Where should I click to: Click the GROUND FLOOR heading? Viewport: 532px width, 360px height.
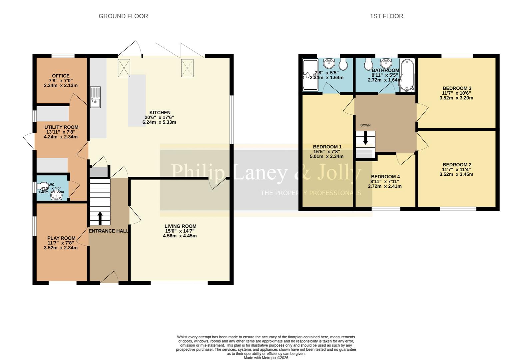(123, 16)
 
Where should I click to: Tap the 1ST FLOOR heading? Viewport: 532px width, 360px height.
(386, 16)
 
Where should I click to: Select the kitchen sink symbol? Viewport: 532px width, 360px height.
(95, 97)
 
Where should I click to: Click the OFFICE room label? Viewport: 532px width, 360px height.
(61, 76)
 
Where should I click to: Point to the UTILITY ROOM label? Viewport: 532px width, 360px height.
(61, 127)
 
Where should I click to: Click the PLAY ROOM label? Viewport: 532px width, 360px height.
(61, 238)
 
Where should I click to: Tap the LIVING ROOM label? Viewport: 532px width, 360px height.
(180, 226)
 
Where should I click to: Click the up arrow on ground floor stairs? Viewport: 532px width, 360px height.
(100, 218)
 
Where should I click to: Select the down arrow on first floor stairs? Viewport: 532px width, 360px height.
(365, 138)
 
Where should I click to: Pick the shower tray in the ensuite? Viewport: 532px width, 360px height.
(310, 75)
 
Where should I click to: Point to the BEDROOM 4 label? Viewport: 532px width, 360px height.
(385, 177)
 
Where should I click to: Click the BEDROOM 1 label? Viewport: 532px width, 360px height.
(327, 147)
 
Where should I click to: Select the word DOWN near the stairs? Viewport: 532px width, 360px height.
(365, 125)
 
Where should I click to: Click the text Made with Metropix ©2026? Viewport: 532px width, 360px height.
(266, 358)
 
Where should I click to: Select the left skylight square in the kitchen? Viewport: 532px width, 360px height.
(124, 68)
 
